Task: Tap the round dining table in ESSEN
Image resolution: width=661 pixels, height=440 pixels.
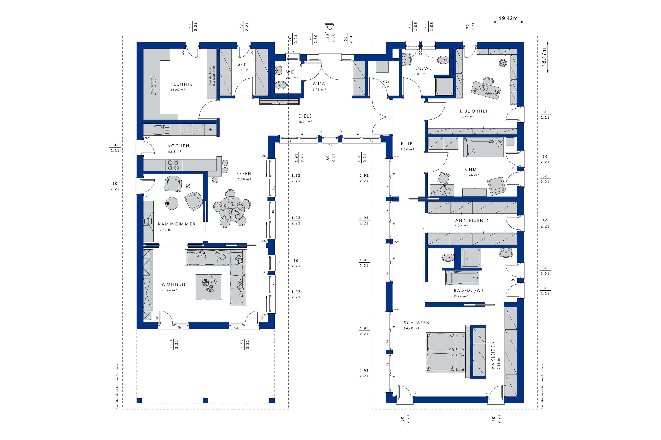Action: (232, 208)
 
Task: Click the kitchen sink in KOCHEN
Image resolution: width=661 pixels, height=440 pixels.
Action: (162, 130)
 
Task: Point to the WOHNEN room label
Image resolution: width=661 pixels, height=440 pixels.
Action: (173, 284)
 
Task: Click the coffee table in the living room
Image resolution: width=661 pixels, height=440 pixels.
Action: (209, 287)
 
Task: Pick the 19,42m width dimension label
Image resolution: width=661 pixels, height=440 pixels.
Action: (508, 19)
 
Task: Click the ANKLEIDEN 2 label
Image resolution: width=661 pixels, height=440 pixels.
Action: (472, 221)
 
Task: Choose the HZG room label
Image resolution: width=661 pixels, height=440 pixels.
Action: (384, 81)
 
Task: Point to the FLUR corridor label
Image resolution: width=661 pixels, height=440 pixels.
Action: (407, 144)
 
